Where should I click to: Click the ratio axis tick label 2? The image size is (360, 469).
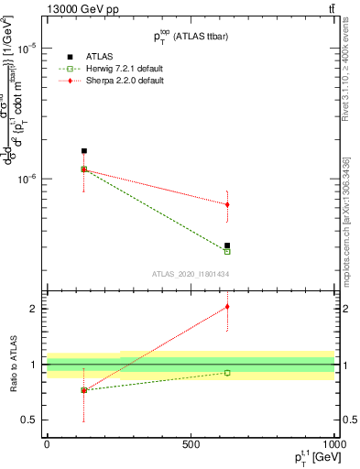coord(31,309)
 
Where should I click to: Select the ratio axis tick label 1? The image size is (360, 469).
coord(31,365)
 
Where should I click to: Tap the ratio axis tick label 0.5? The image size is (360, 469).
coord(27,420)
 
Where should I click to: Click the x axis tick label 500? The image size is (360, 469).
coord(191,444)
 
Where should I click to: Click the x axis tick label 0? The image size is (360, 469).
coord(47,444)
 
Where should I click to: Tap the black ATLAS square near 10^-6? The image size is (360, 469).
coord(84,151)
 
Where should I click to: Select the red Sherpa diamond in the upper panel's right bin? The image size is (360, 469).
coord(227,204)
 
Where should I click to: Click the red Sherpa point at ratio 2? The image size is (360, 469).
coord(227,307)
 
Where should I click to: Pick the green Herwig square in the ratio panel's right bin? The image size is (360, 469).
coord(227,373)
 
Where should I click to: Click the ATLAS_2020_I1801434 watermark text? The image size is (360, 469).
coord(190,274)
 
